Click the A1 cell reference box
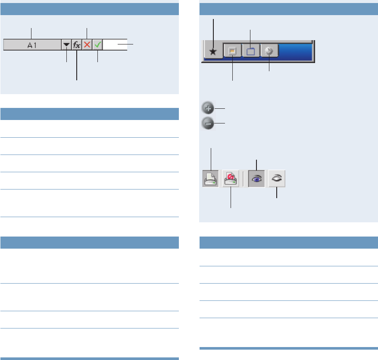(32, 44)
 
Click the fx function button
(77, 44)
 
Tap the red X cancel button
(87, 44)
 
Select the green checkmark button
(98, 44)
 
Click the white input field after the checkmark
(115, 44)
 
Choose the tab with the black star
(213, 51)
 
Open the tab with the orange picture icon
(232, 51)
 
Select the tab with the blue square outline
(251, 51)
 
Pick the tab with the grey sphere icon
(269, 51)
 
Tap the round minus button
(208, 124)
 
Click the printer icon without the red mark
(211, 178)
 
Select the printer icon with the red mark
(231, 178)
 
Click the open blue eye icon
(256, 178)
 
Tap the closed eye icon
(276, 178)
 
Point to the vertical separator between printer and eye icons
(244, 178)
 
